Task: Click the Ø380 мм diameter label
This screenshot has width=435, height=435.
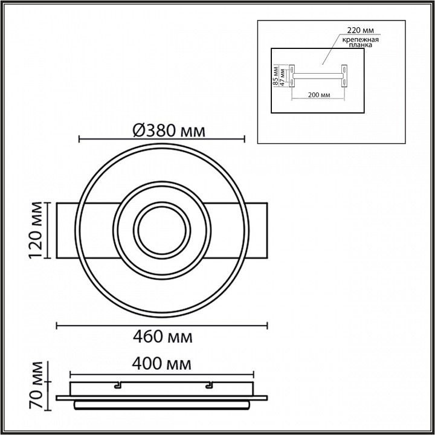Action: (x=169, y=130)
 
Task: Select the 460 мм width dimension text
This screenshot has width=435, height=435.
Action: (x=163, y=337)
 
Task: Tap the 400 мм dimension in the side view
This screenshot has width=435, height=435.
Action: (x=161, y=364)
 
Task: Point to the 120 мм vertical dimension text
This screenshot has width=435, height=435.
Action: (x=36, y=230)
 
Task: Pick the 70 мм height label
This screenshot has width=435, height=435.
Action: (x=36, y=385)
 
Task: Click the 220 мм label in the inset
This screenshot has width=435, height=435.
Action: (x=360, y=30)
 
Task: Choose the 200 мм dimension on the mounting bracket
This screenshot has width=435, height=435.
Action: (x=319, y=95)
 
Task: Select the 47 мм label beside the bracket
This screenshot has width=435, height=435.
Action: (x=282, y=77)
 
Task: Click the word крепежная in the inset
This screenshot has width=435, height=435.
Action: (x=360, y=39)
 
